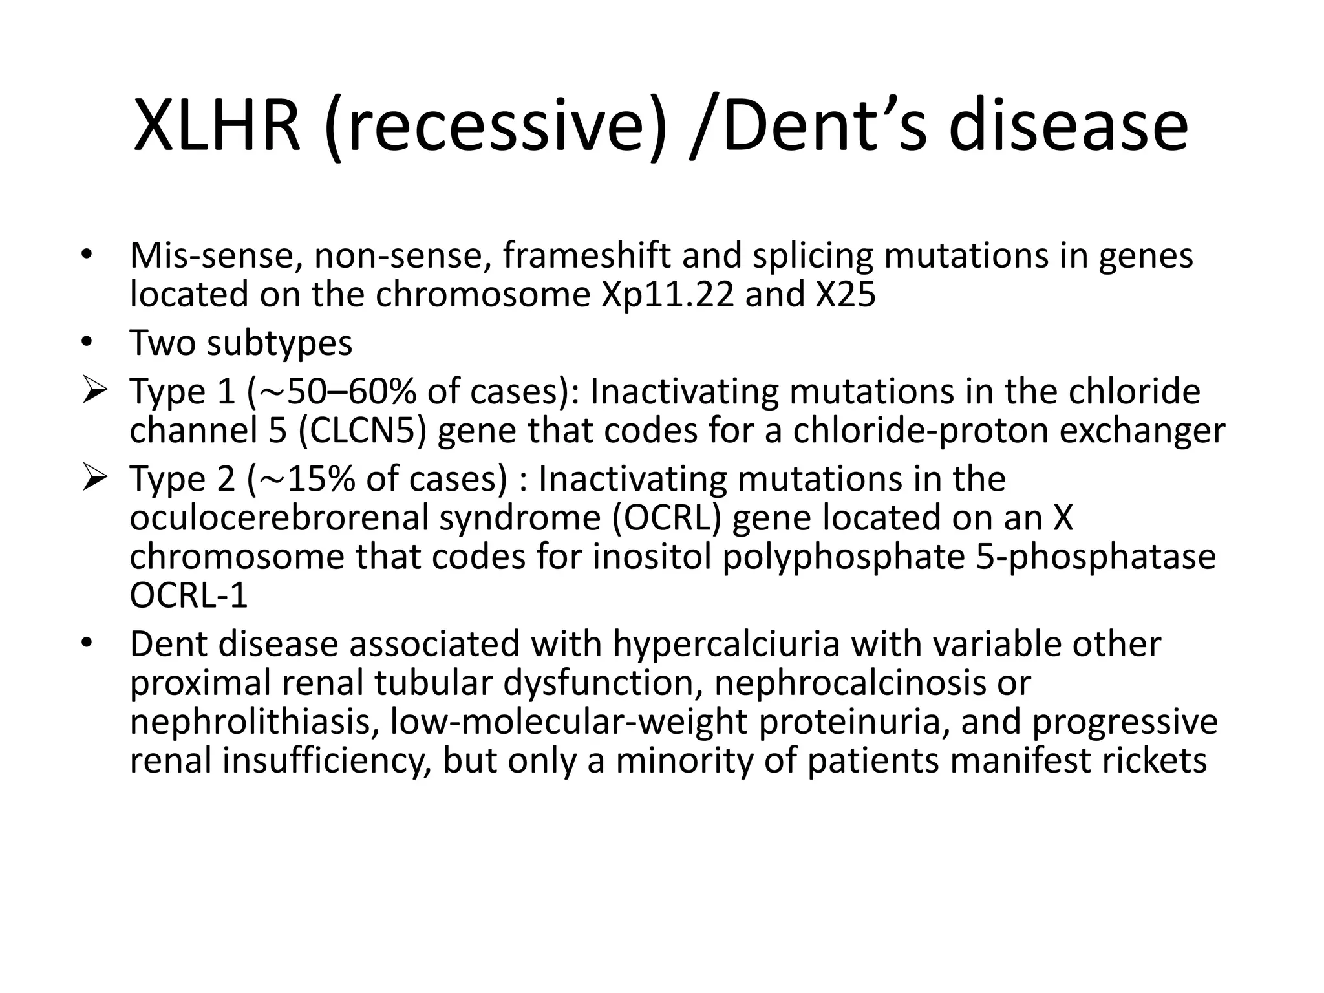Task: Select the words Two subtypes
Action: pos(240,343)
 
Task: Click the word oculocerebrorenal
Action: pos(279,518)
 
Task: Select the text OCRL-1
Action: pos(189,595)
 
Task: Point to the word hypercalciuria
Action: pos(726,644)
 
